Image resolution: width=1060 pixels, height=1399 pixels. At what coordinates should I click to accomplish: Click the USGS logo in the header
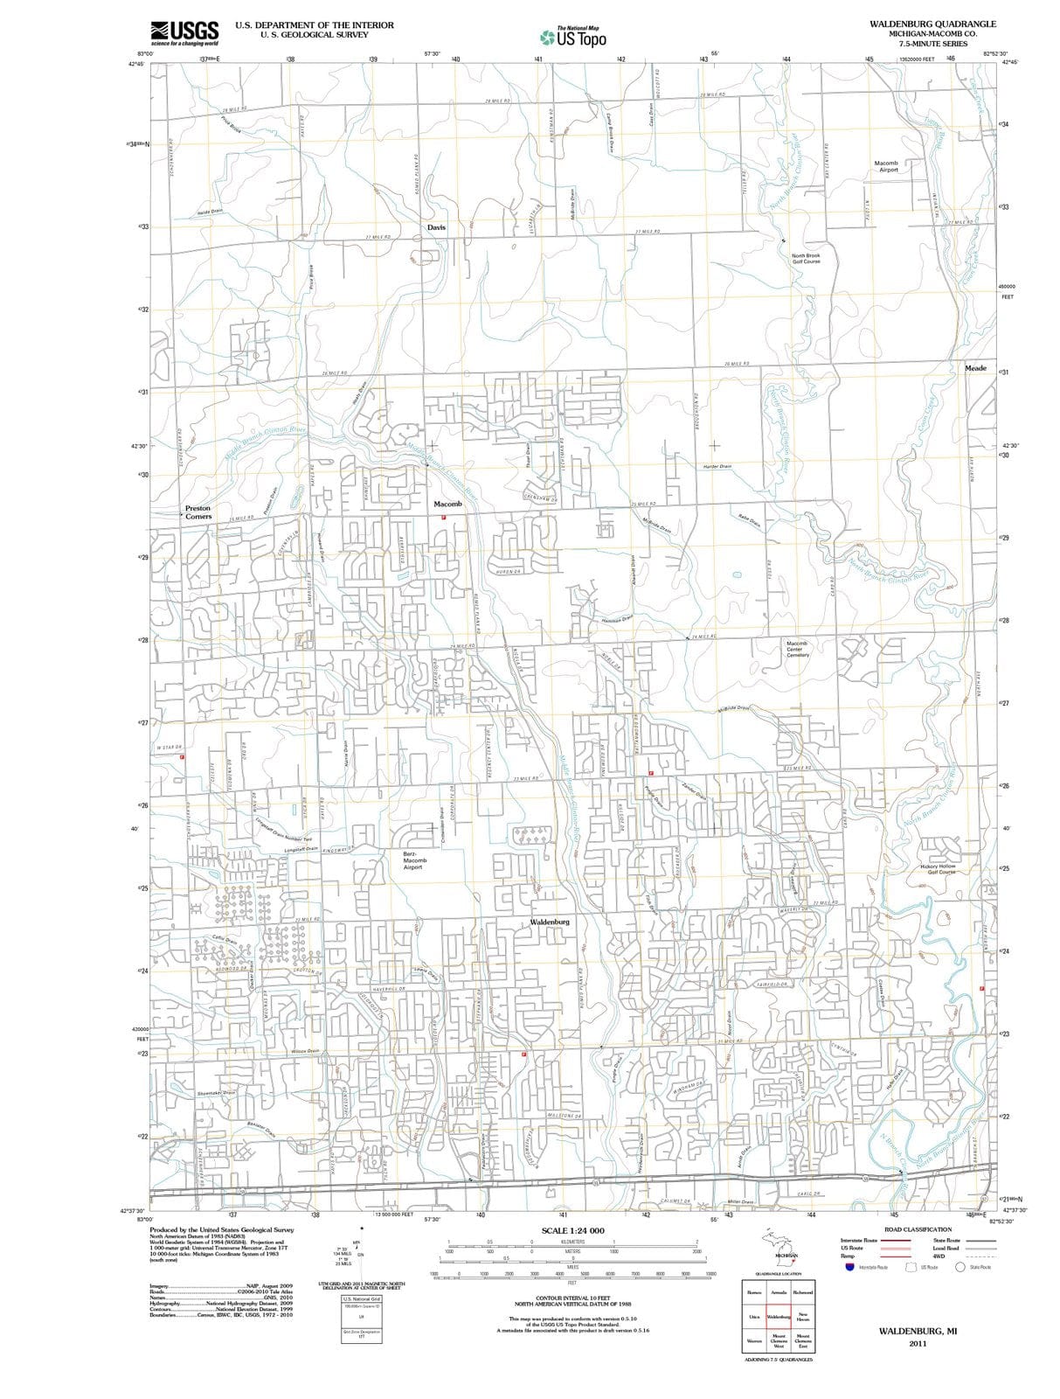coord(184,32)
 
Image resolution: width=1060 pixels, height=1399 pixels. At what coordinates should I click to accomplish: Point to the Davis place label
coord(436,227)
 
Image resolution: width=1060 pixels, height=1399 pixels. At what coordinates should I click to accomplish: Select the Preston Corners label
coord(197,512)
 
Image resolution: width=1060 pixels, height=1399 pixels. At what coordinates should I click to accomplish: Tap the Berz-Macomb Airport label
coord(413,860)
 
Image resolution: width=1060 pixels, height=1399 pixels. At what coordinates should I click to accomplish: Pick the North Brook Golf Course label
coord(806,259)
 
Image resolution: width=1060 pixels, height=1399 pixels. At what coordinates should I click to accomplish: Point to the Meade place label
coord(975,368)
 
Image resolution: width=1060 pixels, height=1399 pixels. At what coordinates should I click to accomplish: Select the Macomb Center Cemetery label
coord(797,649)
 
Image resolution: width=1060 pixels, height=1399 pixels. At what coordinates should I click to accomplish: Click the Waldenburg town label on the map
coord(550,922)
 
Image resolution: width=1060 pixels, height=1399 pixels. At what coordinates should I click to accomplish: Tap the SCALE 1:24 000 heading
coord(572,1230)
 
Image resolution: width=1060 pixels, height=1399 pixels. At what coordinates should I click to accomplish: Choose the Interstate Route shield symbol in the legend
coord(849,1267)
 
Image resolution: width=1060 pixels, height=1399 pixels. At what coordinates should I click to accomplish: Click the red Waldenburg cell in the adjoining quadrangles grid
coord(779,1316)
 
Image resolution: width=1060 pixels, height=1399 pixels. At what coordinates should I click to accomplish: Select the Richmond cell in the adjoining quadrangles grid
coord(802,1291)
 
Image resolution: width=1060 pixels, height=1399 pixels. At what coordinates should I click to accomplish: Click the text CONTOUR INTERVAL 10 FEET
coord(572,1297)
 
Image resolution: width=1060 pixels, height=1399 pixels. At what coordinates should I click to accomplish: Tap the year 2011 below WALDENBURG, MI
coord(917,1343)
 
